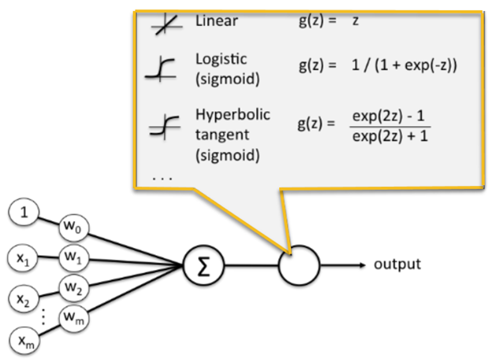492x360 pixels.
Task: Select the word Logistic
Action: point(221,60)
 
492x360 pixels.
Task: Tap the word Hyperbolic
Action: point(233,115)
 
